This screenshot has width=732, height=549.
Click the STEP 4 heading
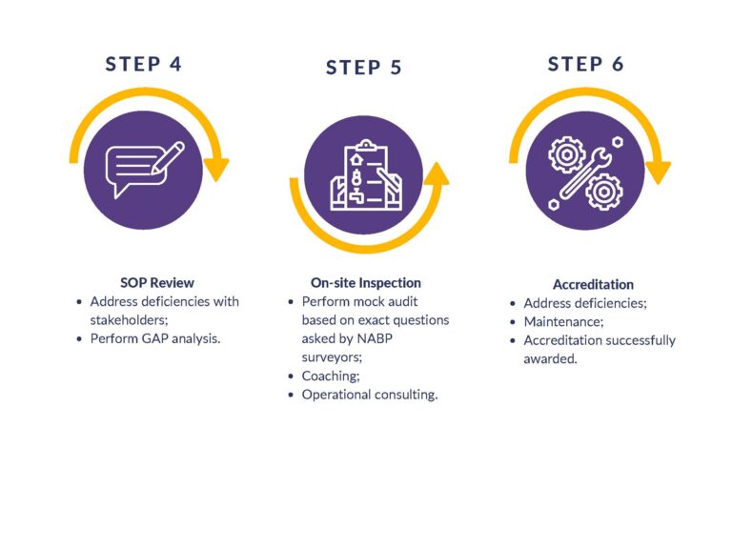[x=143, y=65]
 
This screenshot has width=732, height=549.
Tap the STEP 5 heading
[x=364, y=68]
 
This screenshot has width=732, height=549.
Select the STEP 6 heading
[x=585, y=65]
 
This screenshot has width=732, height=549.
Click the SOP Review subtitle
[x=157, y=283]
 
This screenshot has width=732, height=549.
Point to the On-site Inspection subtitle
[x=366, y=283]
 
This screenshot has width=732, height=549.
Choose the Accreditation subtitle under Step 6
[x=593, y=285]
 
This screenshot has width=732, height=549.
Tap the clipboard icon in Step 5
[x=366, y=175]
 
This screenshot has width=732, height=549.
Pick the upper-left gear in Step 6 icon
[x=566, y=154]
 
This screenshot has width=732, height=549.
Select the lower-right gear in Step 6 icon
[x=603, y=192]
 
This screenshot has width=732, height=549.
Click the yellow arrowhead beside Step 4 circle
[x=215, y=170]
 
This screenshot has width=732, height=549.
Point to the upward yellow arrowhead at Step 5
[x=437, y=173]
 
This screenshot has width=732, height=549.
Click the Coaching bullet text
[x=331, y=376]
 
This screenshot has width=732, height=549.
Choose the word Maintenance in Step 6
[x=563, y=321]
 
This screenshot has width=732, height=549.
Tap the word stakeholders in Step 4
[x=128, y=320]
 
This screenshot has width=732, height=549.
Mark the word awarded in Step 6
[x=549, y=359]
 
